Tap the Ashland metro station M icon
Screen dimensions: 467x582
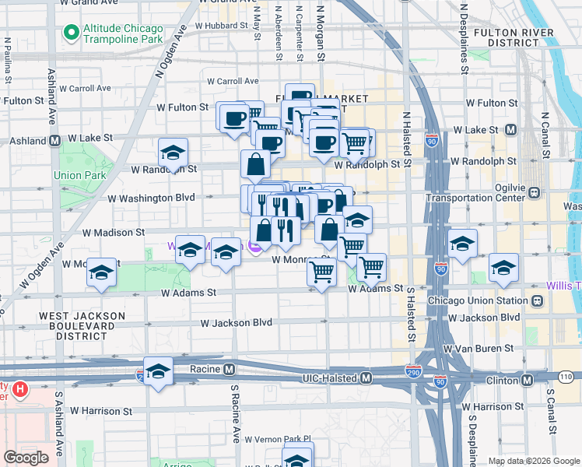(x=55, y=142)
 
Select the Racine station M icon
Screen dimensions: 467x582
(x=229, y=368)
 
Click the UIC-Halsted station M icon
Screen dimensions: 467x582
(x=366, y=377)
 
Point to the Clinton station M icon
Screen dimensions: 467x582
(x=527, y=380)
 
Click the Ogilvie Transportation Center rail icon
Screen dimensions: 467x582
(x=535, y=192)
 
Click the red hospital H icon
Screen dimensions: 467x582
(x=21, y=387)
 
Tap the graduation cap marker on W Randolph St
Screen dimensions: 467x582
(x=173, y=153)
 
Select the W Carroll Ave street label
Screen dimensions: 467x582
(x=233, y=81)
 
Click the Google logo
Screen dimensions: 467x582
(x=26, y=457)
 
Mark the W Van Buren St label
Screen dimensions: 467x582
(x=477, y=350)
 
